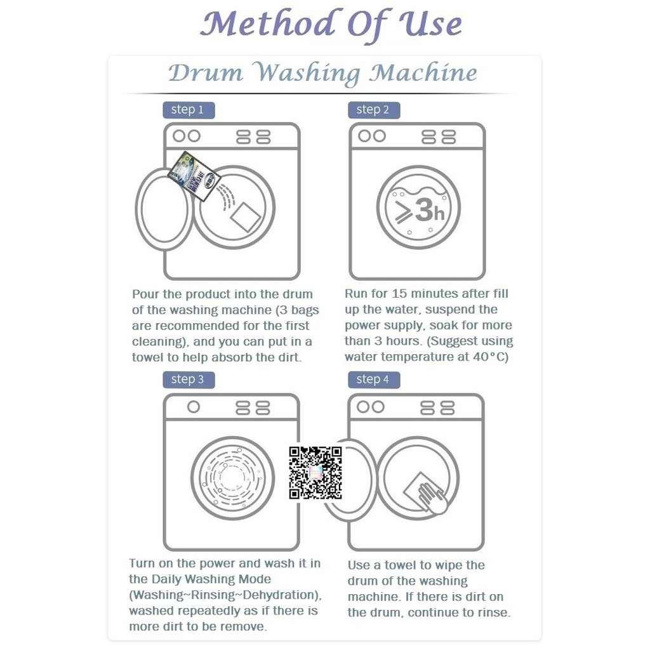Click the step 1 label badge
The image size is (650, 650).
point(189,110)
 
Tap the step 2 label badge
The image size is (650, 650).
point(374,110)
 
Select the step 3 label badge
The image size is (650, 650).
point(189,380)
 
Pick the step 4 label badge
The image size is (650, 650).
point(374,380)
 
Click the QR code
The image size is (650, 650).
point(315,472)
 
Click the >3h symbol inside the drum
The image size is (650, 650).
point(420,209)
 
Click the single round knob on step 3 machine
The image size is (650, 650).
point(193,407)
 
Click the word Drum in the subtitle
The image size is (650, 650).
point(206,74)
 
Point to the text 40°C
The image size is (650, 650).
point(491,357)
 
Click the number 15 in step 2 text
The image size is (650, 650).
point(399,293)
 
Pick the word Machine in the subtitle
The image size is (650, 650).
point(423,74)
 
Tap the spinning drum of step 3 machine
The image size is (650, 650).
point(232,478)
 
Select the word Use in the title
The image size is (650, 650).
point(430,24)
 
